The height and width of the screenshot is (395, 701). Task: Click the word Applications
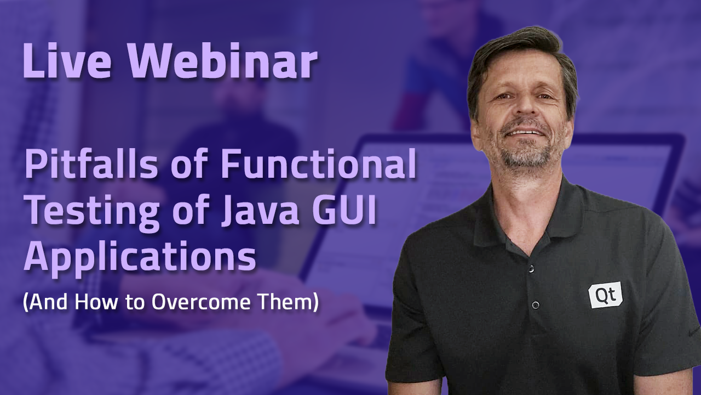(140, 258)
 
